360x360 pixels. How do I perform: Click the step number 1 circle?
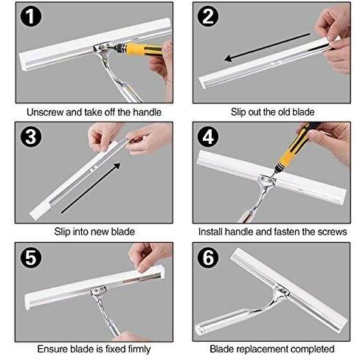[31, 16]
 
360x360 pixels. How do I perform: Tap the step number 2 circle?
[208, 16]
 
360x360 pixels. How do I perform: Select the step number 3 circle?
[31, 136]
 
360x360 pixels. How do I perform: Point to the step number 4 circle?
[208, 136]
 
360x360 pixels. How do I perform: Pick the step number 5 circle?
[31, 257]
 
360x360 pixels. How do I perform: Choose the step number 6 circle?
[208, 257]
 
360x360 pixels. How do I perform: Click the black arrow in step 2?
[267, 47]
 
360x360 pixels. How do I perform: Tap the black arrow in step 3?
[91, 187]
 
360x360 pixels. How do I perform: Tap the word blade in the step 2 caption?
[303, 112]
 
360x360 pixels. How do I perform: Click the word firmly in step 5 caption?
[138, 349]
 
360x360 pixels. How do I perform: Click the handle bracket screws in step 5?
[98, 291]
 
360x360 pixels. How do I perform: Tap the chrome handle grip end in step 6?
[201, 329]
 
